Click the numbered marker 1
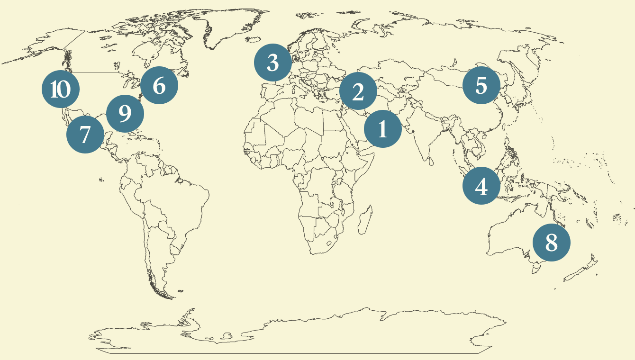tap(383, 128)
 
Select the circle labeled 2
tap(358, 91)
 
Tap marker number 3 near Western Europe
tap(273, 63)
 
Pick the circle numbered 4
tap(481, 186)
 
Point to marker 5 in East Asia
tap(481, 85)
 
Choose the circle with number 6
tap(159, 86)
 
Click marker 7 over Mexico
tap(85, 135)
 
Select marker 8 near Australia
tap(552, 243)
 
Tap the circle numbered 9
tap(125, 114)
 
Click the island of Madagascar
tap(365, 223)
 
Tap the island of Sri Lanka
tap(430, 162)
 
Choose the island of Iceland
tap(254, 40)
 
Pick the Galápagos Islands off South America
tap(101, 180)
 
